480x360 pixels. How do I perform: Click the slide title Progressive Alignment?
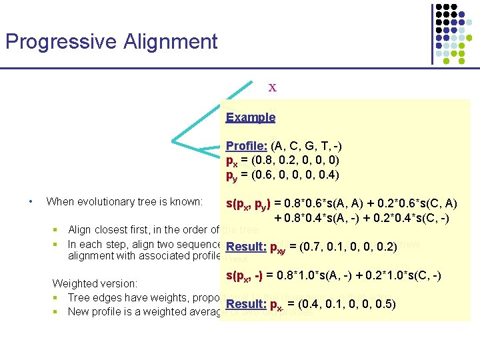[x=111, y=42]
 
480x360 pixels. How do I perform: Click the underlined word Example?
[x=250, y=117]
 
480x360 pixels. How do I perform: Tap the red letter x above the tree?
[x=272, y=87]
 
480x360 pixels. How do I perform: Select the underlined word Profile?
[x=247, y=146]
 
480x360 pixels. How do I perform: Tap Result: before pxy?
[x=245, y=247]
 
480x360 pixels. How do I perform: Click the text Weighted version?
[x=95, y=284]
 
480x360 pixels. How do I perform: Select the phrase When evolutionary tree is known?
[x=125, y=201]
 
